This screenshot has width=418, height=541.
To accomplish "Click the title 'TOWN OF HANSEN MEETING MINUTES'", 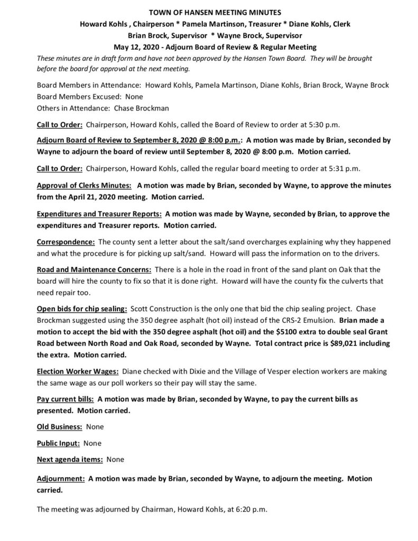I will tap(209, 12).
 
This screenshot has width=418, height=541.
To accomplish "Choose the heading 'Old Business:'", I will tap(59, 426).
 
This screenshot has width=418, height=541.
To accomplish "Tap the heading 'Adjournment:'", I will tap(61, 479).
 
